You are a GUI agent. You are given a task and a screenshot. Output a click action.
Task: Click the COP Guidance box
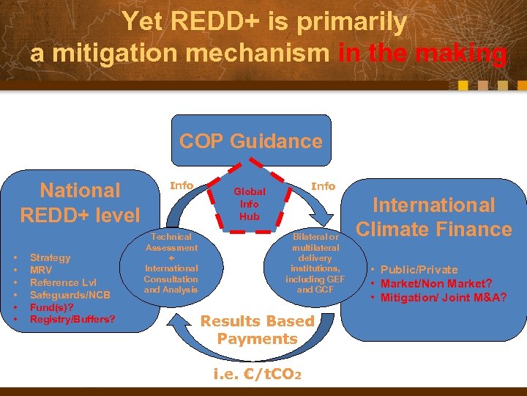(x=251, y=141)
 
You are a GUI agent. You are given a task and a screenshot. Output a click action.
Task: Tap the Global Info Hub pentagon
(x=249, y=202)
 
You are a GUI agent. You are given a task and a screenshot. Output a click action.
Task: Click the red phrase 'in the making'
(x=422, y=53)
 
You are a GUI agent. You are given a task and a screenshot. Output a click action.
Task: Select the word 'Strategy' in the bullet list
(x=51, y=257)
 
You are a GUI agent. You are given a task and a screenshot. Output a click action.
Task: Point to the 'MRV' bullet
(x=40, y=270)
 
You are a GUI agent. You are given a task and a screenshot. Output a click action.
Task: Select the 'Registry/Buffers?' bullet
(x=72, y=320)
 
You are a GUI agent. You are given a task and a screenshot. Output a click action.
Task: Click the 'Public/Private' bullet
(x=419, y=270)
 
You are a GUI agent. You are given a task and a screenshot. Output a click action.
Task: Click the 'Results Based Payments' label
(x=257, y=330)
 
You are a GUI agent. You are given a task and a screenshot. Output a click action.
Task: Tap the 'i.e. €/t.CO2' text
(x=256, y=374)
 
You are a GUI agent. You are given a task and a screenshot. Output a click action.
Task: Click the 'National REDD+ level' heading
(x=80, y=202)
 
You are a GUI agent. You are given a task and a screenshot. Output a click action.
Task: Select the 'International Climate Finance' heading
(x=433, y=217)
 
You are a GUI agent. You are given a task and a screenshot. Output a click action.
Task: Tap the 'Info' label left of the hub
(x=182, y=186)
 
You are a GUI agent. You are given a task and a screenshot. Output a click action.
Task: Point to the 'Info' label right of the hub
(x=323, y=186)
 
